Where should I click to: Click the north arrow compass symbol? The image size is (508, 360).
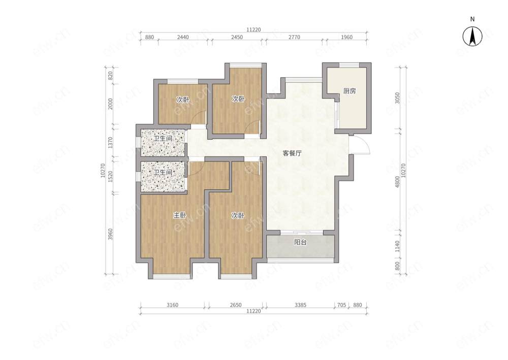(472, 36)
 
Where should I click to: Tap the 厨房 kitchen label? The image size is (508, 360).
(350, 91)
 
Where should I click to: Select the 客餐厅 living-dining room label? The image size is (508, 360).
(292, 153)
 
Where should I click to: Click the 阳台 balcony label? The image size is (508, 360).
(300, 242)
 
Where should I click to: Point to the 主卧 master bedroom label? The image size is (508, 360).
(180, 215)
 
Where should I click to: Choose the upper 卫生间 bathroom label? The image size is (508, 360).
(163, 139)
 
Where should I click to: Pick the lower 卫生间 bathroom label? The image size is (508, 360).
(163, 172)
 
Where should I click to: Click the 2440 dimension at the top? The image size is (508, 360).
(183, 37)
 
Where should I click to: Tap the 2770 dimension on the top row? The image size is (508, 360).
(294, 37)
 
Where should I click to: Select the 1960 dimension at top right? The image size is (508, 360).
(346, 37)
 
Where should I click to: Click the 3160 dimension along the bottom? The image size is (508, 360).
(172, 305)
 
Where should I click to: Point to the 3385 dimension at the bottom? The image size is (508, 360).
(300, 305)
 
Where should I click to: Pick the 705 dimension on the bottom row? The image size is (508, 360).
(342, 305)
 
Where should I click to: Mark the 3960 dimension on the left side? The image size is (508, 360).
(110, 234)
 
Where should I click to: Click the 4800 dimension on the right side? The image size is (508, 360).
(398, 182)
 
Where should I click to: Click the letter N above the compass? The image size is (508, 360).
(472, 19)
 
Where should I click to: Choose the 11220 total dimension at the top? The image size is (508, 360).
(253, 30)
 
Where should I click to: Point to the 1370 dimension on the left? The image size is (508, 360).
(110, 143)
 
